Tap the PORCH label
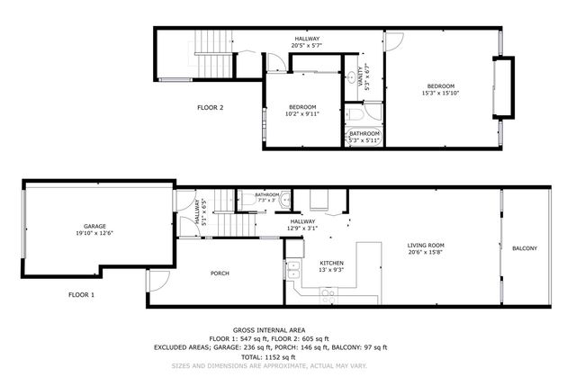[220, 274]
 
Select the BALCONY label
[525, 248]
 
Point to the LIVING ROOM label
[427, 245]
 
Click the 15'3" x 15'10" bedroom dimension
[438, 93]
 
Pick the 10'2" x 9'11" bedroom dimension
[301, 114]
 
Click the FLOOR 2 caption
[211, 108]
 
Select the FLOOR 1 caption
[81, 294]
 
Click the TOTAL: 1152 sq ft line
[270, 357]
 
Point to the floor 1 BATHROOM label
[267, 194]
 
